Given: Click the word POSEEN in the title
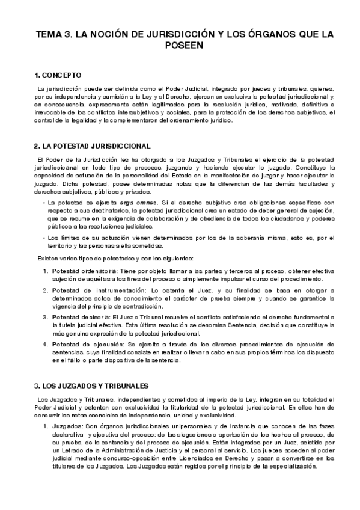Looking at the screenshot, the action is point(180,46).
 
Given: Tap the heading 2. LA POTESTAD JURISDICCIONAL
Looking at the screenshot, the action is point(92,146).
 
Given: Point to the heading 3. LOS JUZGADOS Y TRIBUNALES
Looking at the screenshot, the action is point(92,384).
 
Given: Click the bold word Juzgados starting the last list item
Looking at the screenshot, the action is point(69,426).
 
